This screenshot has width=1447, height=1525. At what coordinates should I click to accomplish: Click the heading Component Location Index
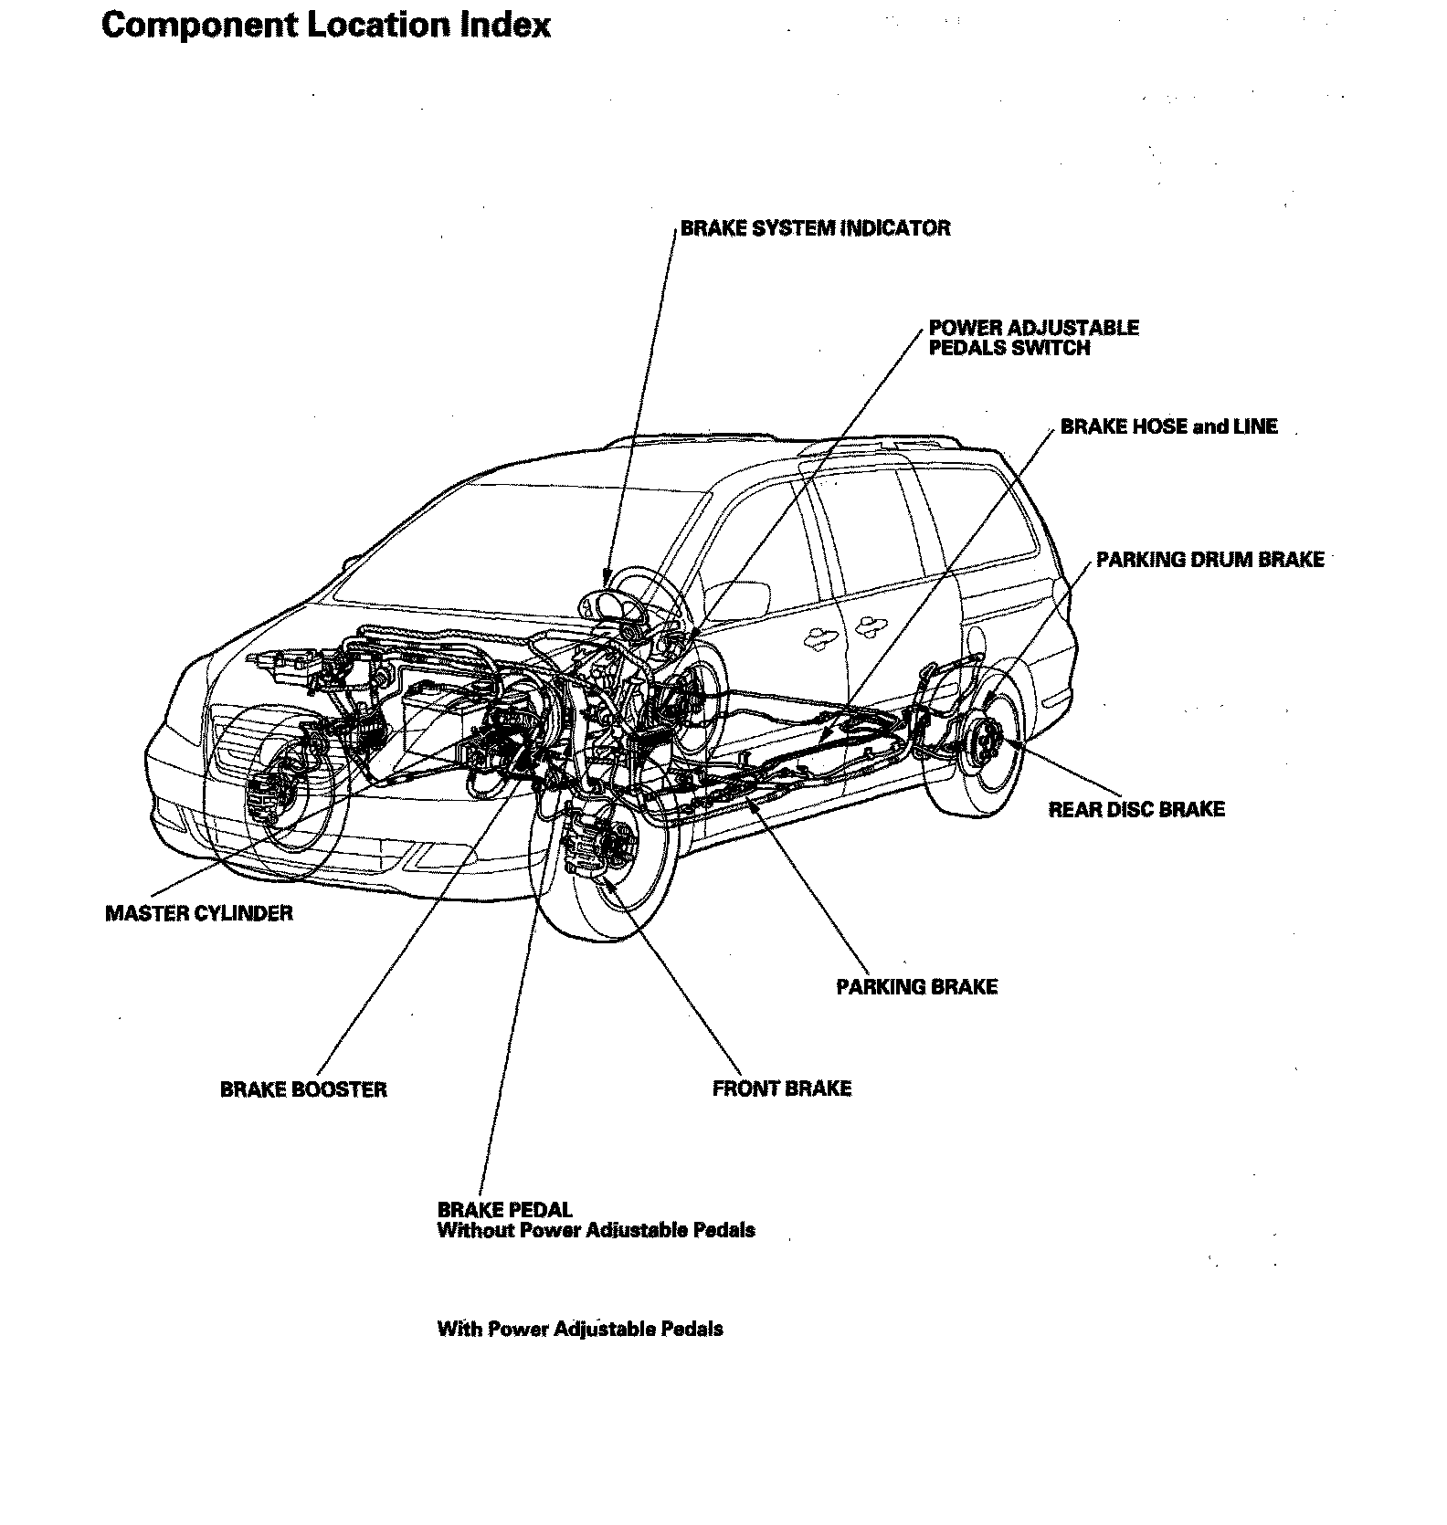point(325,25)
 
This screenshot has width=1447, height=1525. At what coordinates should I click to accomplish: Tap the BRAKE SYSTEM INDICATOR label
point(815,228)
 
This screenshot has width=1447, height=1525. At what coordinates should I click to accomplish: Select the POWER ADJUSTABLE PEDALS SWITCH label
point(1033,337)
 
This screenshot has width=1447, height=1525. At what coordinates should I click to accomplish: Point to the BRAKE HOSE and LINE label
point(1168,426)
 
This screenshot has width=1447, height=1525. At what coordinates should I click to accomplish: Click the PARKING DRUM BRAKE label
point(1209,560)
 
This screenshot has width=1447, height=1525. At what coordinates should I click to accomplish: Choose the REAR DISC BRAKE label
point(1135,809)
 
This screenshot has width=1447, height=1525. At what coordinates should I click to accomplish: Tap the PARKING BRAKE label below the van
point(916,987)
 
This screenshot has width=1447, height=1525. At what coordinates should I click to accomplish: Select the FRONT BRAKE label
point(781,1089)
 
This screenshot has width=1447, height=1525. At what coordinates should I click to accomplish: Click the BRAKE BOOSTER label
point(303,1089)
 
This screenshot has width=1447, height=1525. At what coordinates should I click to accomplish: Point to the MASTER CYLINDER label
point(199,913)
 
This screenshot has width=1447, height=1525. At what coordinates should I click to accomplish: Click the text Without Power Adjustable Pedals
point(596,1230)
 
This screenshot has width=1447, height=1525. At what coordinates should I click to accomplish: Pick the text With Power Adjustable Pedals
point(580,1329)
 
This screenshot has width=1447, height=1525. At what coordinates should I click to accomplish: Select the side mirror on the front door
point(738,598)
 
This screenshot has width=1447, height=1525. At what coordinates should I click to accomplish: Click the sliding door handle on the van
point(868,627)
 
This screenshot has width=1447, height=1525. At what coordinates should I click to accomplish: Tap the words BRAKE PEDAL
point(504,1210)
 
